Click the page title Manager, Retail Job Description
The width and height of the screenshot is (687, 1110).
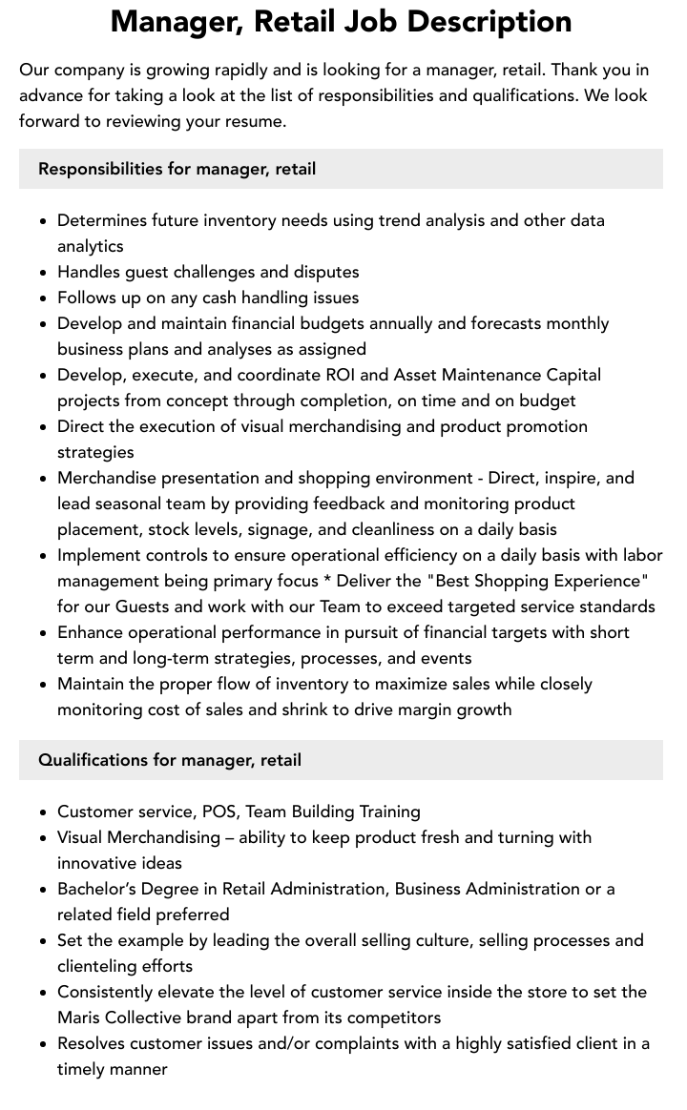click(x=342, y=21)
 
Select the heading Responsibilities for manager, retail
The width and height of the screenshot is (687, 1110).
click(x=177, y=169)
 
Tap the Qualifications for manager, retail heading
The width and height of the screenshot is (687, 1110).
click(x=170, y=760)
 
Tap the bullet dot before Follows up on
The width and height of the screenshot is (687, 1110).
click(x=43, y=298)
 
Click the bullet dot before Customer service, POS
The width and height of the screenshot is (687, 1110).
click(x=43, y=812)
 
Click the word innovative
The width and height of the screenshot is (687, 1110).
click(x=98, y=863)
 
